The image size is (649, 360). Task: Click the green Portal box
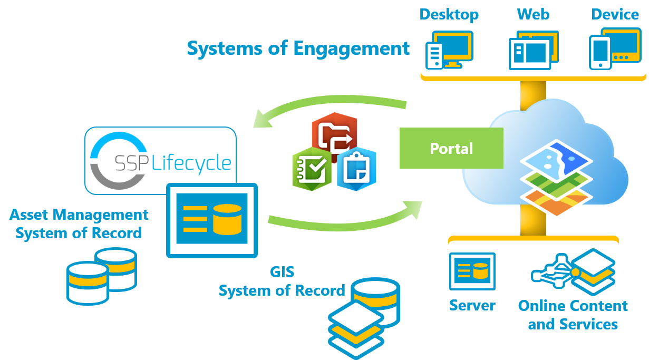(451, 148)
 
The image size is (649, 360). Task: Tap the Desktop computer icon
(449, 50)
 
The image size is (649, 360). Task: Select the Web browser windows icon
(533, 50)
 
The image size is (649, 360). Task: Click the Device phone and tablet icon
(614, 49)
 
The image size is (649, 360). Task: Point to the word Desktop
(449, 14)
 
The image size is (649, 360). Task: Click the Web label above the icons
(533, 14)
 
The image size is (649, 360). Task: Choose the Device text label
(615, 14)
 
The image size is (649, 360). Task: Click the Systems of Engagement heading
(298, 48)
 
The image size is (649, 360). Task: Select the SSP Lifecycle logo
(160, 160)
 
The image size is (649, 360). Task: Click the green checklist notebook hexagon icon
(312, 170)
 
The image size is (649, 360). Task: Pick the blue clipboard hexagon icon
(356, 170)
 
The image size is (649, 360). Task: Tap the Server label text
(472, 306)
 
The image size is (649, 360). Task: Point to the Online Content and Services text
(573, 315)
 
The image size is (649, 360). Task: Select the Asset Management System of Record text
(79, 223)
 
